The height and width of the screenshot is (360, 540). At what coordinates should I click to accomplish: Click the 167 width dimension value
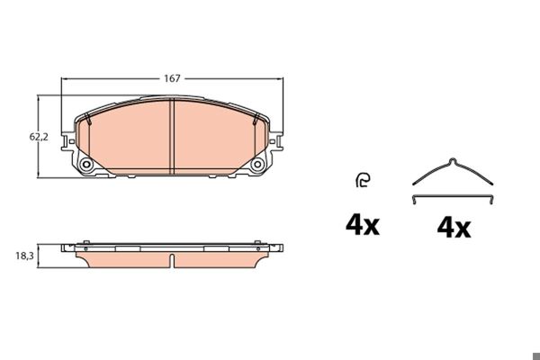[x=172, y=78]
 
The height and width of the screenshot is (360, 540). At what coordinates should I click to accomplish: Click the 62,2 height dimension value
[x=39, y=137]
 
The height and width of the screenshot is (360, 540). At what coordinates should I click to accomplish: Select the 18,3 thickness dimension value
[x=24, y=256]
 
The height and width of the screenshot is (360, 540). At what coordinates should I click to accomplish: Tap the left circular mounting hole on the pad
[x=86, y=165]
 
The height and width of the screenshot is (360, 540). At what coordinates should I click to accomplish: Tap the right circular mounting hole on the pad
[x=257, y=165]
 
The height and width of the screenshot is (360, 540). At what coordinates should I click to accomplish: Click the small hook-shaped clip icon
[x=363, y=180]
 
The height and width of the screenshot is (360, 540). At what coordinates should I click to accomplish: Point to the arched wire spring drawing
[x=453, y=171]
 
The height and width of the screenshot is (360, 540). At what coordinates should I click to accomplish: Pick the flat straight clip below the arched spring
[x=453, y=197]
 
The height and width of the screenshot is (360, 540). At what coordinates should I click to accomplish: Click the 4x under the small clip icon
[x=363, y=225]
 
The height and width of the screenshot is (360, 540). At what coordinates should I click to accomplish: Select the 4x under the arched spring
[x=454, y=228]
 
